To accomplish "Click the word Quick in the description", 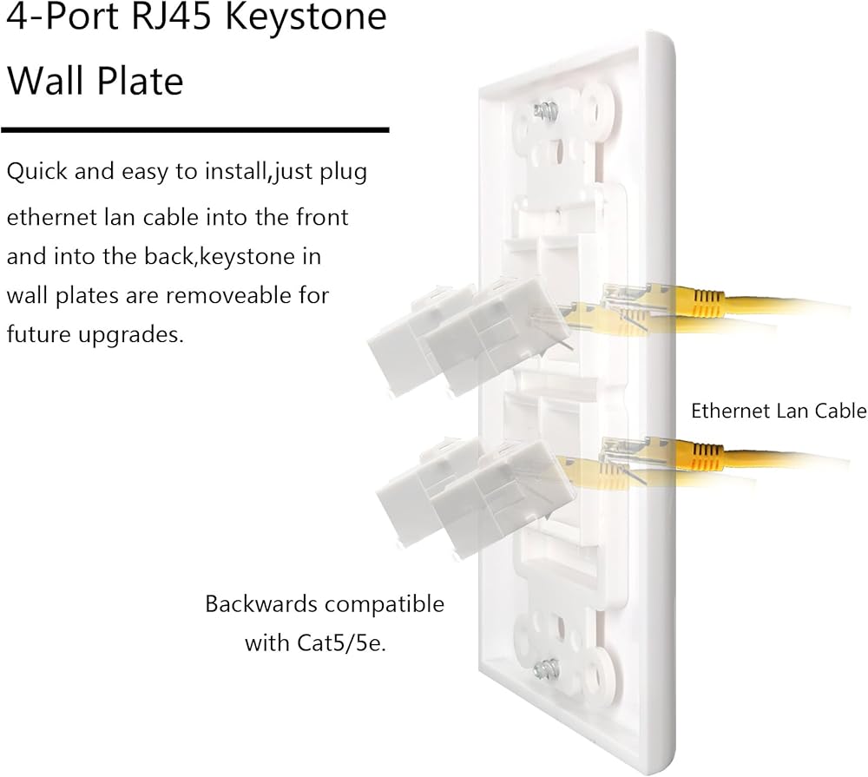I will [x=37, y=172].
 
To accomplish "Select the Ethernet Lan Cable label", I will [x=779, y=411].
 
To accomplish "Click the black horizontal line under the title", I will [x=194, y=130].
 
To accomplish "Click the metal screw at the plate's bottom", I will [x=546, y=669].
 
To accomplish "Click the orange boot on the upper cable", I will [x=706, y=302].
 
